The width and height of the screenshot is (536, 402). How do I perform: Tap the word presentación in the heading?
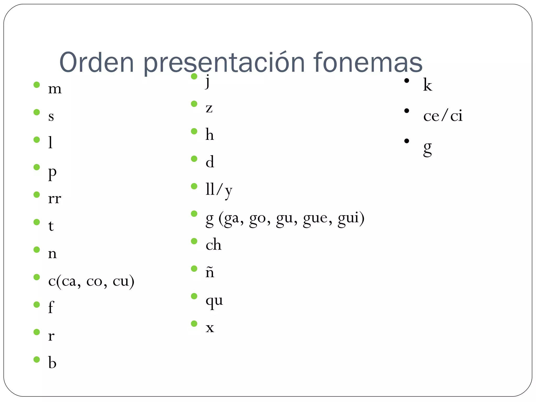point(224,63)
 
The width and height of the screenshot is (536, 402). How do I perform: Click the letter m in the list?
point(55,89)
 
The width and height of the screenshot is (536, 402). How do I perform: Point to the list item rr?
point(54,199)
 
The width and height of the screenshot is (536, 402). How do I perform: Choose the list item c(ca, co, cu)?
point(91,281)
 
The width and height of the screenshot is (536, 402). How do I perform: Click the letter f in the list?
point(51,307)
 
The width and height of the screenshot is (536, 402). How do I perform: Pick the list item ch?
point(213,245)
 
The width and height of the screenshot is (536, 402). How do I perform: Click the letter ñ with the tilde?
point(210,272)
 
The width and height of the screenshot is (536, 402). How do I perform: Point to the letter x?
point(210,328)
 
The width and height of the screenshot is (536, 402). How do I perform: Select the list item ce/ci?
point(443,116)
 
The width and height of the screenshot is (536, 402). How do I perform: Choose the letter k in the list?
point(427,85)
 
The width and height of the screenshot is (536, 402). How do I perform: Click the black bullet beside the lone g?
point(406,141)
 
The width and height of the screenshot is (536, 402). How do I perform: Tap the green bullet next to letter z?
point(194,104)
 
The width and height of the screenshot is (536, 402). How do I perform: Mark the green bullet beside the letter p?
point(37,167)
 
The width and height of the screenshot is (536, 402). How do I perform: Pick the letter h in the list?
point(209,135)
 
